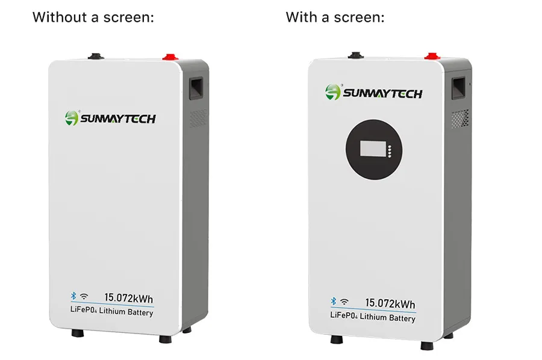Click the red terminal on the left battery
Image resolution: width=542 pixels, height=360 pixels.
(x=170, y=57)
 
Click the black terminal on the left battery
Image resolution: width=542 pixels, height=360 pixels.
(x=96, y=57)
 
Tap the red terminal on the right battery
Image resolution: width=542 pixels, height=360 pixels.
(x=432, y=56)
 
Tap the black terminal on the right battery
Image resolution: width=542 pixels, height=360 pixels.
(x=356, y=55)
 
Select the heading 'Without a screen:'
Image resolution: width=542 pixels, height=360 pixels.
(x=93, y=17)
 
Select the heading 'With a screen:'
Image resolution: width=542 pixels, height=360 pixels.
(x=335, y=17)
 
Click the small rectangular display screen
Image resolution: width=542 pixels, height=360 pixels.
(x=372, y=149)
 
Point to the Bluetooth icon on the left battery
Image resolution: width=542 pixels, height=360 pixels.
(x=73, y=296)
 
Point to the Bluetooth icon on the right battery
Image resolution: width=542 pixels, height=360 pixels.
(x=333, y=301)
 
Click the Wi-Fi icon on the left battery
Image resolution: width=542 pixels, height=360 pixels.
(x=84, y=296)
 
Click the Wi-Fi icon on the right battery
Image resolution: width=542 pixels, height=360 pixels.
(x=344, y=302)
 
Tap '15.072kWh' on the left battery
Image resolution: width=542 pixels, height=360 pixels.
(x=129, y=298)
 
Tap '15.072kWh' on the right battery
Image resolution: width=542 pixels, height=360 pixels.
(x=390, y=303)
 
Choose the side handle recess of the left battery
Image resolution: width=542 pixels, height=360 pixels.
(x=196, y=88)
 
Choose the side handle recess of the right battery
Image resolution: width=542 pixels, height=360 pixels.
(x=459, y=88)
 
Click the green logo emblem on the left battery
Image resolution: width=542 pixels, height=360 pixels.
(x=72, y=118)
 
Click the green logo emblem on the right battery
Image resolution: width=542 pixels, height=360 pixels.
(x=333, y=92)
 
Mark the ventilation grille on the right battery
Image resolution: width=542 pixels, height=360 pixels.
(x=461, y=119)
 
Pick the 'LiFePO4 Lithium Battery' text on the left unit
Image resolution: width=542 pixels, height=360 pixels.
(x=111, y=311)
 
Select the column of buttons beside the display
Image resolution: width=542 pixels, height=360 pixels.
(x=390, y=151)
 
